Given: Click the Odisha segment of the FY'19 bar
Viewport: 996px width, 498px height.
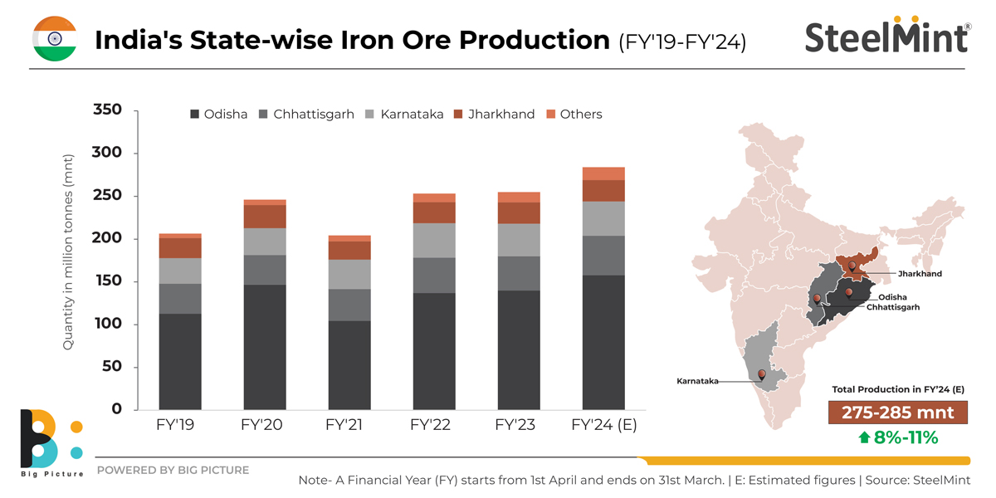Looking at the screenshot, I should tap(180, 361).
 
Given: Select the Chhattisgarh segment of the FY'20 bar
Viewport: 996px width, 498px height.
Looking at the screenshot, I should tap(265, 270).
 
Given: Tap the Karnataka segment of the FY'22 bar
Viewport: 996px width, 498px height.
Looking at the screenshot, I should tap(434, 241).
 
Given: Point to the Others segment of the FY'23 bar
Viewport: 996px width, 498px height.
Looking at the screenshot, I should tap(519, 197).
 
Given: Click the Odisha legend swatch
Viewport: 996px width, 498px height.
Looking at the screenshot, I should tap(196, 115).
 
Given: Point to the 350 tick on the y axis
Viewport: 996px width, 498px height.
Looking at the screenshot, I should tap(108, 110).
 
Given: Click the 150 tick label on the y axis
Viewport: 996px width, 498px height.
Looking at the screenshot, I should tap(108, 281).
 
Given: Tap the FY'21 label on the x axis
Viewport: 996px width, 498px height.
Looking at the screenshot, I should tap(349, 426).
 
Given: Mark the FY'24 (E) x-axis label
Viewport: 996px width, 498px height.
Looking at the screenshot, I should tap(603, 426).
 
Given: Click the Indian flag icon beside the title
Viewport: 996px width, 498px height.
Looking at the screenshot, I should tap(55, 38).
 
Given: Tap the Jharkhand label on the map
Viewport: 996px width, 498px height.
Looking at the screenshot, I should tap(920, 273).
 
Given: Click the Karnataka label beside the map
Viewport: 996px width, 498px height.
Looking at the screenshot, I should tap(696, 381).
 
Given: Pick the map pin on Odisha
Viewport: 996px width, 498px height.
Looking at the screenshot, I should tap(849, 292).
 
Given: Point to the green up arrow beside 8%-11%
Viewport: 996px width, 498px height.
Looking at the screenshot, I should tap(865, 437).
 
